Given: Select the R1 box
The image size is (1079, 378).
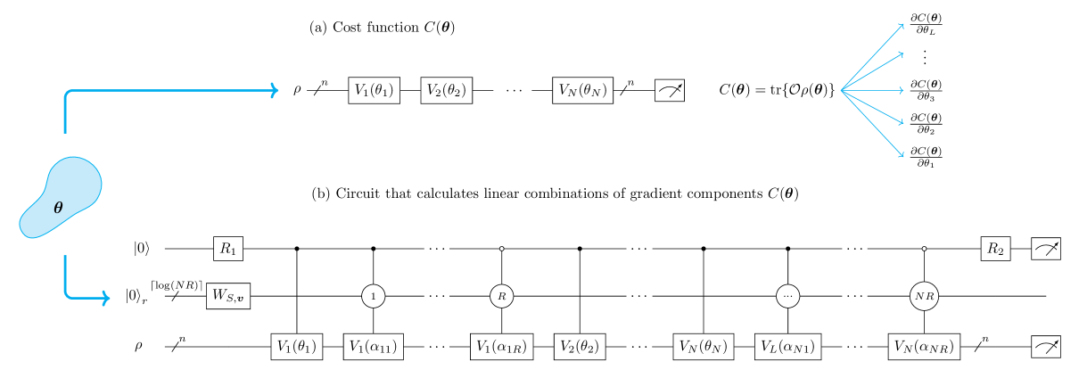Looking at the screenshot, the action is click(228, 249).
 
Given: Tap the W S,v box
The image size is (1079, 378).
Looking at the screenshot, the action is click(228, 296).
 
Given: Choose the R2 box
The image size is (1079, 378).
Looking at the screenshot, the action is click(995, 249).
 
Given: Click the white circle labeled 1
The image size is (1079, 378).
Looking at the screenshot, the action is click(374, 296).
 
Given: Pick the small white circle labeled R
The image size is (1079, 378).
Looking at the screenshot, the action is click(502, 296).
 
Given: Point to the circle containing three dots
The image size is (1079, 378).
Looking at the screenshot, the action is click(787, 296).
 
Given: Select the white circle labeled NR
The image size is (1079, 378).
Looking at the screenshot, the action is click(924, 296).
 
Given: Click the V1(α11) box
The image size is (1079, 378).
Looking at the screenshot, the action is click(374, 347).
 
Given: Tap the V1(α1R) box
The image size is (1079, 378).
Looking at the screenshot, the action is click(502, 347).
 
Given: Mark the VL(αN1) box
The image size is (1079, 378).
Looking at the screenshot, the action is click(787, 347).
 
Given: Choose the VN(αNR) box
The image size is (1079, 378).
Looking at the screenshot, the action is click(924, 347).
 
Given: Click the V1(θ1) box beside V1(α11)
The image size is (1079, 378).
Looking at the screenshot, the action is click(296, 347).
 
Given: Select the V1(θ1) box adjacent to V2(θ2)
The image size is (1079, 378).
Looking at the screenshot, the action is click(374, 90).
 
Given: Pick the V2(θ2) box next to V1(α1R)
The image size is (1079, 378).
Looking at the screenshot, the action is click(580, 347).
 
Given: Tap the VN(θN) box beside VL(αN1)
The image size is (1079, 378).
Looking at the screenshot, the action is click(703, 347).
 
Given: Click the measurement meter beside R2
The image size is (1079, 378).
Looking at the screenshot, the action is click(1046, 249).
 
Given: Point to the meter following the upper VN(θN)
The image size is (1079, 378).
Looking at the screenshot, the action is click(670, 90).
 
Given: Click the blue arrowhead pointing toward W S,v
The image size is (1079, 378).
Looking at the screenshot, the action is click(106, 297).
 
